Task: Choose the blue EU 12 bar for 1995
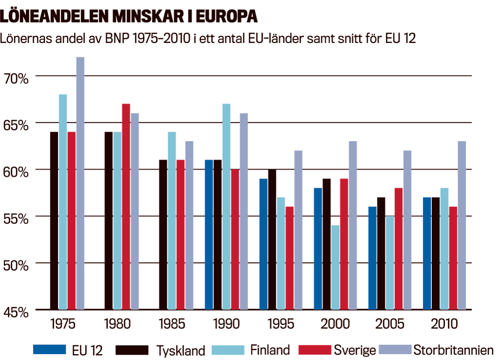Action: pos(263,244)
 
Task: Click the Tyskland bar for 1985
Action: pos(163,234)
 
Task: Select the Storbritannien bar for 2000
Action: pos(353,225)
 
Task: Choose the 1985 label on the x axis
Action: pos(171,324)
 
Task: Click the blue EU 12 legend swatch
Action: pos(49,350)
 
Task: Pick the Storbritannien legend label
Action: pos(453,350)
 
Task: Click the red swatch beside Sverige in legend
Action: pos(314,350)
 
